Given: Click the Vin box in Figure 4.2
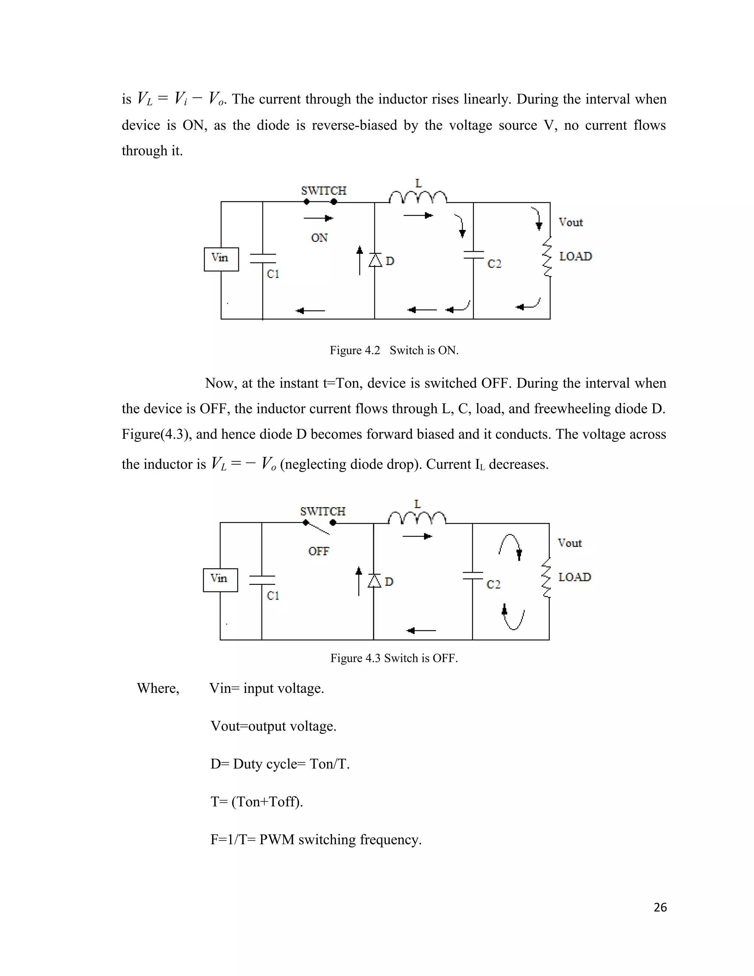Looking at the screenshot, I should click(x=221, y=259).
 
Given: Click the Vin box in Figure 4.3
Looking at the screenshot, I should click(x=220, y=580).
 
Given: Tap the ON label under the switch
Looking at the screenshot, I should click(x=319, y=238).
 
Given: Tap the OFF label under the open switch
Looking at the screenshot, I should click(x=318, y=551).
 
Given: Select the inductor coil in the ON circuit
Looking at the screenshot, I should click(x=417, y=197).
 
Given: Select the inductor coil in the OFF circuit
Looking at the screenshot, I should click(x=417, y=518).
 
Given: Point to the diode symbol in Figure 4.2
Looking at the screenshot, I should click(x=375, y=260).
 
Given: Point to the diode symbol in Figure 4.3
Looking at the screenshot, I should click(x=374, y=581).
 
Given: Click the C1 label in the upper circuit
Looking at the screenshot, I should click(x=273, y=274).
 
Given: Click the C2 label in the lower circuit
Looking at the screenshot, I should click(x=494, y=584).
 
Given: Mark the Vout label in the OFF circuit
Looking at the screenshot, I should click(x=570, y=543).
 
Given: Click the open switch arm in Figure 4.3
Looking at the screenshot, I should click(x=318, y=528).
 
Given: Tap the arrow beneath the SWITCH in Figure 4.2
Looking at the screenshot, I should click(x=318, y=218).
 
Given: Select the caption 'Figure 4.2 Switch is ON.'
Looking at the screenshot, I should click(x=394, y=350).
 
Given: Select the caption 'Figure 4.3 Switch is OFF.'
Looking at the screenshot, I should click(x=394, y=658).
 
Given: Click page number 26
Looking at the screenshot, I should click(x=660, y=907).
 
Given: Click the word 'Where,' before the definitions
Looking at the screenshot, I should click(x=158, y=688).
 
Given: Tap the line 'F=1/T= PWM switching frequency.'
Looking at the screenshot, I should click(x=316, y=840).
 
